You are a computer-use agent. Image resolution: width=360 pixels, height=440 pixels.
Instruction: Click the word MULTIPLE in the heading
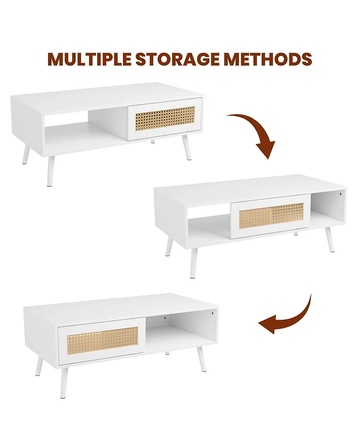tap(90, 59)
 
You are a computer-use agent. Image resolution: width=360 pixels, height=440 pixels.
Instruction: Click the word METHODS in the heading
tap(268, 59)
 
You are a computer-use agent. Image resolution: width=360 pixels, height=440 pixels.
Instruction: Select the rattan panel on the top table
tap(165, 119)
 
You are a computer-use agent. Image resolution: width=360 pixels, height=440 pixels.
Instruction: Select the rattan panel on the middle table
tap(271, 215)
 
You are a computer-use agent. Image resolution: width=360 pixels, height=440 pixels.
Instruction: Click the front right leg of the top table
tap(185, 148)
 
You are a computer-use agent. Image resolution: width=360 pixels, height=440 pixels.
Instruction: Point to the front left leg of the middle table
tap(194, 262)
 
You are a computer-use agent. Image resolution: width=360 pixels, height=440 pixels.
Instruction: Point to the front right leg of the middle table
tap(330, 239)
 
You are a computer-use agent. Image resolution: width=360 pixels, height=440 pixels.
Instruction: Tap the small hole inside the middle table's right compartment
tap(341, 194)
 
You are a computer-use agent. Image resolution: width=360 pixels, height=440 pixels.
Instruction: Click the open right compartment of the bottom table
tap(181, 331)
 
